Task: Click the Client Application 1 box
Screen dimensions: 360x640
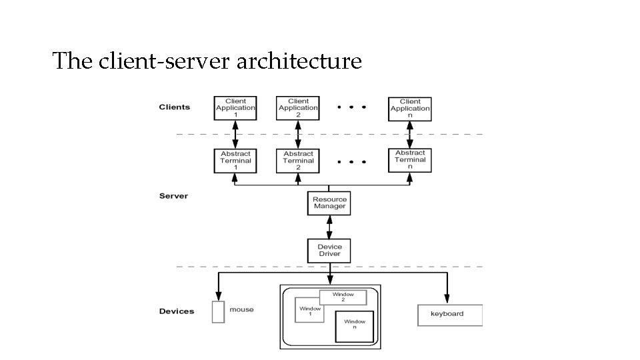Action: click(x=235, y=108)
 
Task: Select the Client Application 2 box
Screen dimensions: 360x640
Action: click(x=298, y=108)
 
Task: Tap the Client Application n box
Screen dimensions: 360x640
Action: click(x=410, y=109)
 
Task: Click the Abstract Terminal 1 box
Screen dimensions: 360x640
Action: click(x=235, y=161)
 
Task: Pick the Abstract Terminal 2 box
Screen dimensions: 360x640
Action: click(x=298, y=161)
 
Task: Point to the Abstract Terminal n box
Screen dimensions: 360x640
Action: click(x=410, y=160)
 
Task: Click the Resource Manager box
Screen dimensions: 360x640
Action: click(x=329, y=203)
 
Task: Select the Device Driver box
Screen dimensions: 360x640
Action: click(x=329, y=251)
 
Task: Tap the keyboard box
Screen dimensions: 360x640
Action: click(x=449, y=315)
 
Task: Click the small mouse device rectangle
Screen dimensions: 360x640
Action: click(x=218, y=312)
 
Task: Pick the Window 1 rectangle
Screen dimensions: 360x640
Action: click(x=309, y=311)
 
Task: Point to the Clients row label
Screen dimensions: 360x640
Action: click(x=174, y=107)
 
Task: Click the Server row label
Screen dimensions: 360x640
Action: click(x=173, y=196)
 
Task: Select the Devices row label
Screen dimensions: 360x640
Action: click(x=177, y=311)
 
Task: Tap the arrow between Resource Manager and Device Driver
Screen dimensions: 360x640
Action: click(x=329, y=227)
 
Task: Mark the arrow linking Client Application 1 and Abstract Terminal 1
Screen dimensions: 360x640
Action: click(x=235, y=135)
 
